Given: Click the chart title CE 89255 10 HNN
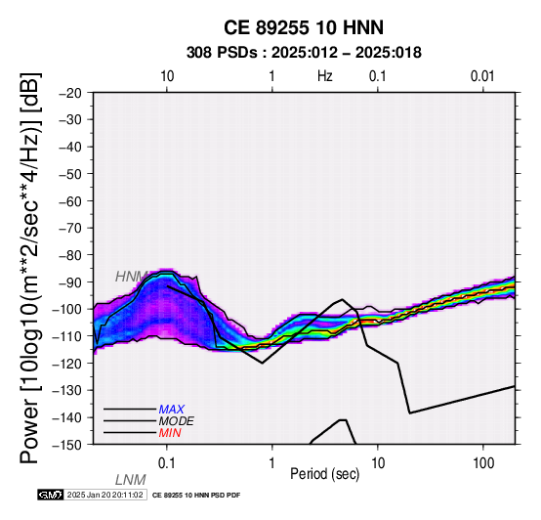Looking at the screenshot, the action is pos(304,27).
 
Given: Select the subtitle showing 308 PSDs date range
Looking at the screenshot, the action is pos(304,53).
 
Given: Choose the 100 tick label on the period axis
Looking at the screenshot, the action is pos(483,463).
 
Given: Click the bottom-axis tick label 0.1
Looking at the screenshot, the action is pos(167,463).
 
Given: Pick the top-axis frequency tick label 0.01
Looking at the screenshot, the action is pos(482,76).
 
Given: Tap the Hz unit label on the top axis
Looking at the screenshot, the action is pos(325,76).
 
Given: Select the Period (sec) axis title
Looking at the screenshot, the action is pos(325,474).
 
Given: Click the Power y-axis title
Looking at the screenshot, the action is pos(29,268).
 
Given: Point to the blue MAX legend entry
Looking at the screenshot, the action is pos(172,410).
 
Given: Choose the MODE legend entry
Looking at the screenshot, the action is pos(177,421).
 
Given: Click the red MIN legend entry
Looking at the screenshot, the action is pos(170,433).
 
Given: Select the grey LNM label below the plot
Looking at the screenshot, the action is pos(131,480).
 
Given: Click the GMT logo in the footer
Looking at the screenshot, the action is pos(51,496).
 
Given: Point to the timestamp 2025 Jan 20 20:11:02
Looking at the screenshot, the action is pos(104,496).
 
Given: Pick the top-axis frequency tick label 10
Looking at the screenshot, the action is pos(167,76).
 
